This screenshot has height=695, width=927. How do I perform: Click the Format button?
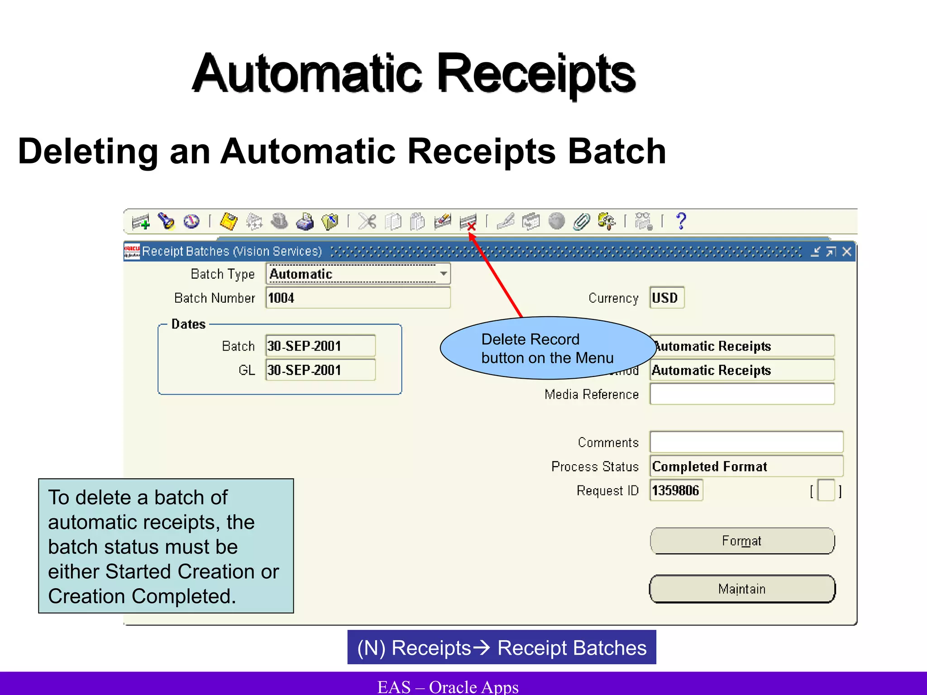pos(742,541)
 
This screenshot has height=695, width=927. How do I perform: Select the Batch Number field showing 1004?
pos(358,298)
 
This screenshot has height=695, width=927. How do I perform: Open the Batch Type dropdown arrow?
pos(444,274)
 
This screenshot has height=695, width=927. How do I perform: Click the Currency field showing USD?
pos(666,298)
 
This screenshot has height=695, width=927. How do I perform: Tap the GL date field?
pos(320,370)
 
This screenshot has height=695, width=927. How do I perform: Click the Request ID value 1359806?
pos(676,490)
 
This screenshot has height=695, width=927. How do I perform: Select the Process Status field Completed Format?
pos(746,467)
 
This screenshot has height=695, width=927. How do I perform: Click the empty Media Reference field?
pos(741,394)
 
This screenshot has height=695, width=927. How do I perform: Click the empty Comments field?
pos(746,442)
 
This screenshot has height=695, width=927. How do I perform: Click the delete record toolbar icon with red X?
pos(468,222)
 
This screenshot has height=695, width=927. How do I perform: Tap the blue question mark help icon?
pos(681,221)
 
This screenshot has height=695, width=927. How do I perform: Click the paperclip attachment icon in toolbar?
pos(581,222)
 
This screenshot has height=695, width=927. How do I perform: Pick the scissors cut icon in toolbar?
pos(367,222)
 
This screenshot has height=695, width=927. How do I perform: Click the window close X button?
pos(847,252)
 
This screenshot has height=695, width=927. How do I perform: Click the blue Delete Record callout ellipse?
pos(547,348)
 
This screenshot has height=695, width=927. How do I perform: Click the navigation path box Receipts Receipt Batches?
pos(502,647)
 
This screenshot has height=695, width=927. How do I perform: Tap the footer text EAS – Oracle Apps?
pos(448,686)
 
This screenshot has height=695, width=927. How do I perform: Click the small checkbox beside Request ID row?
pos(826,490)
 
